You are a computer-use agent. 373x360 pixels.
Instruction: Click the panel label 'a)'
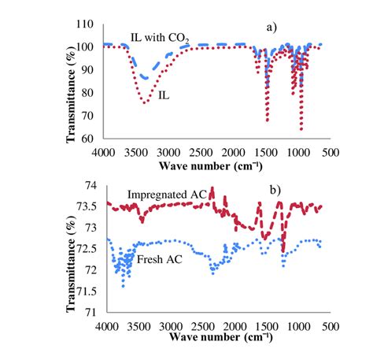click(x=272, y=27)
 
